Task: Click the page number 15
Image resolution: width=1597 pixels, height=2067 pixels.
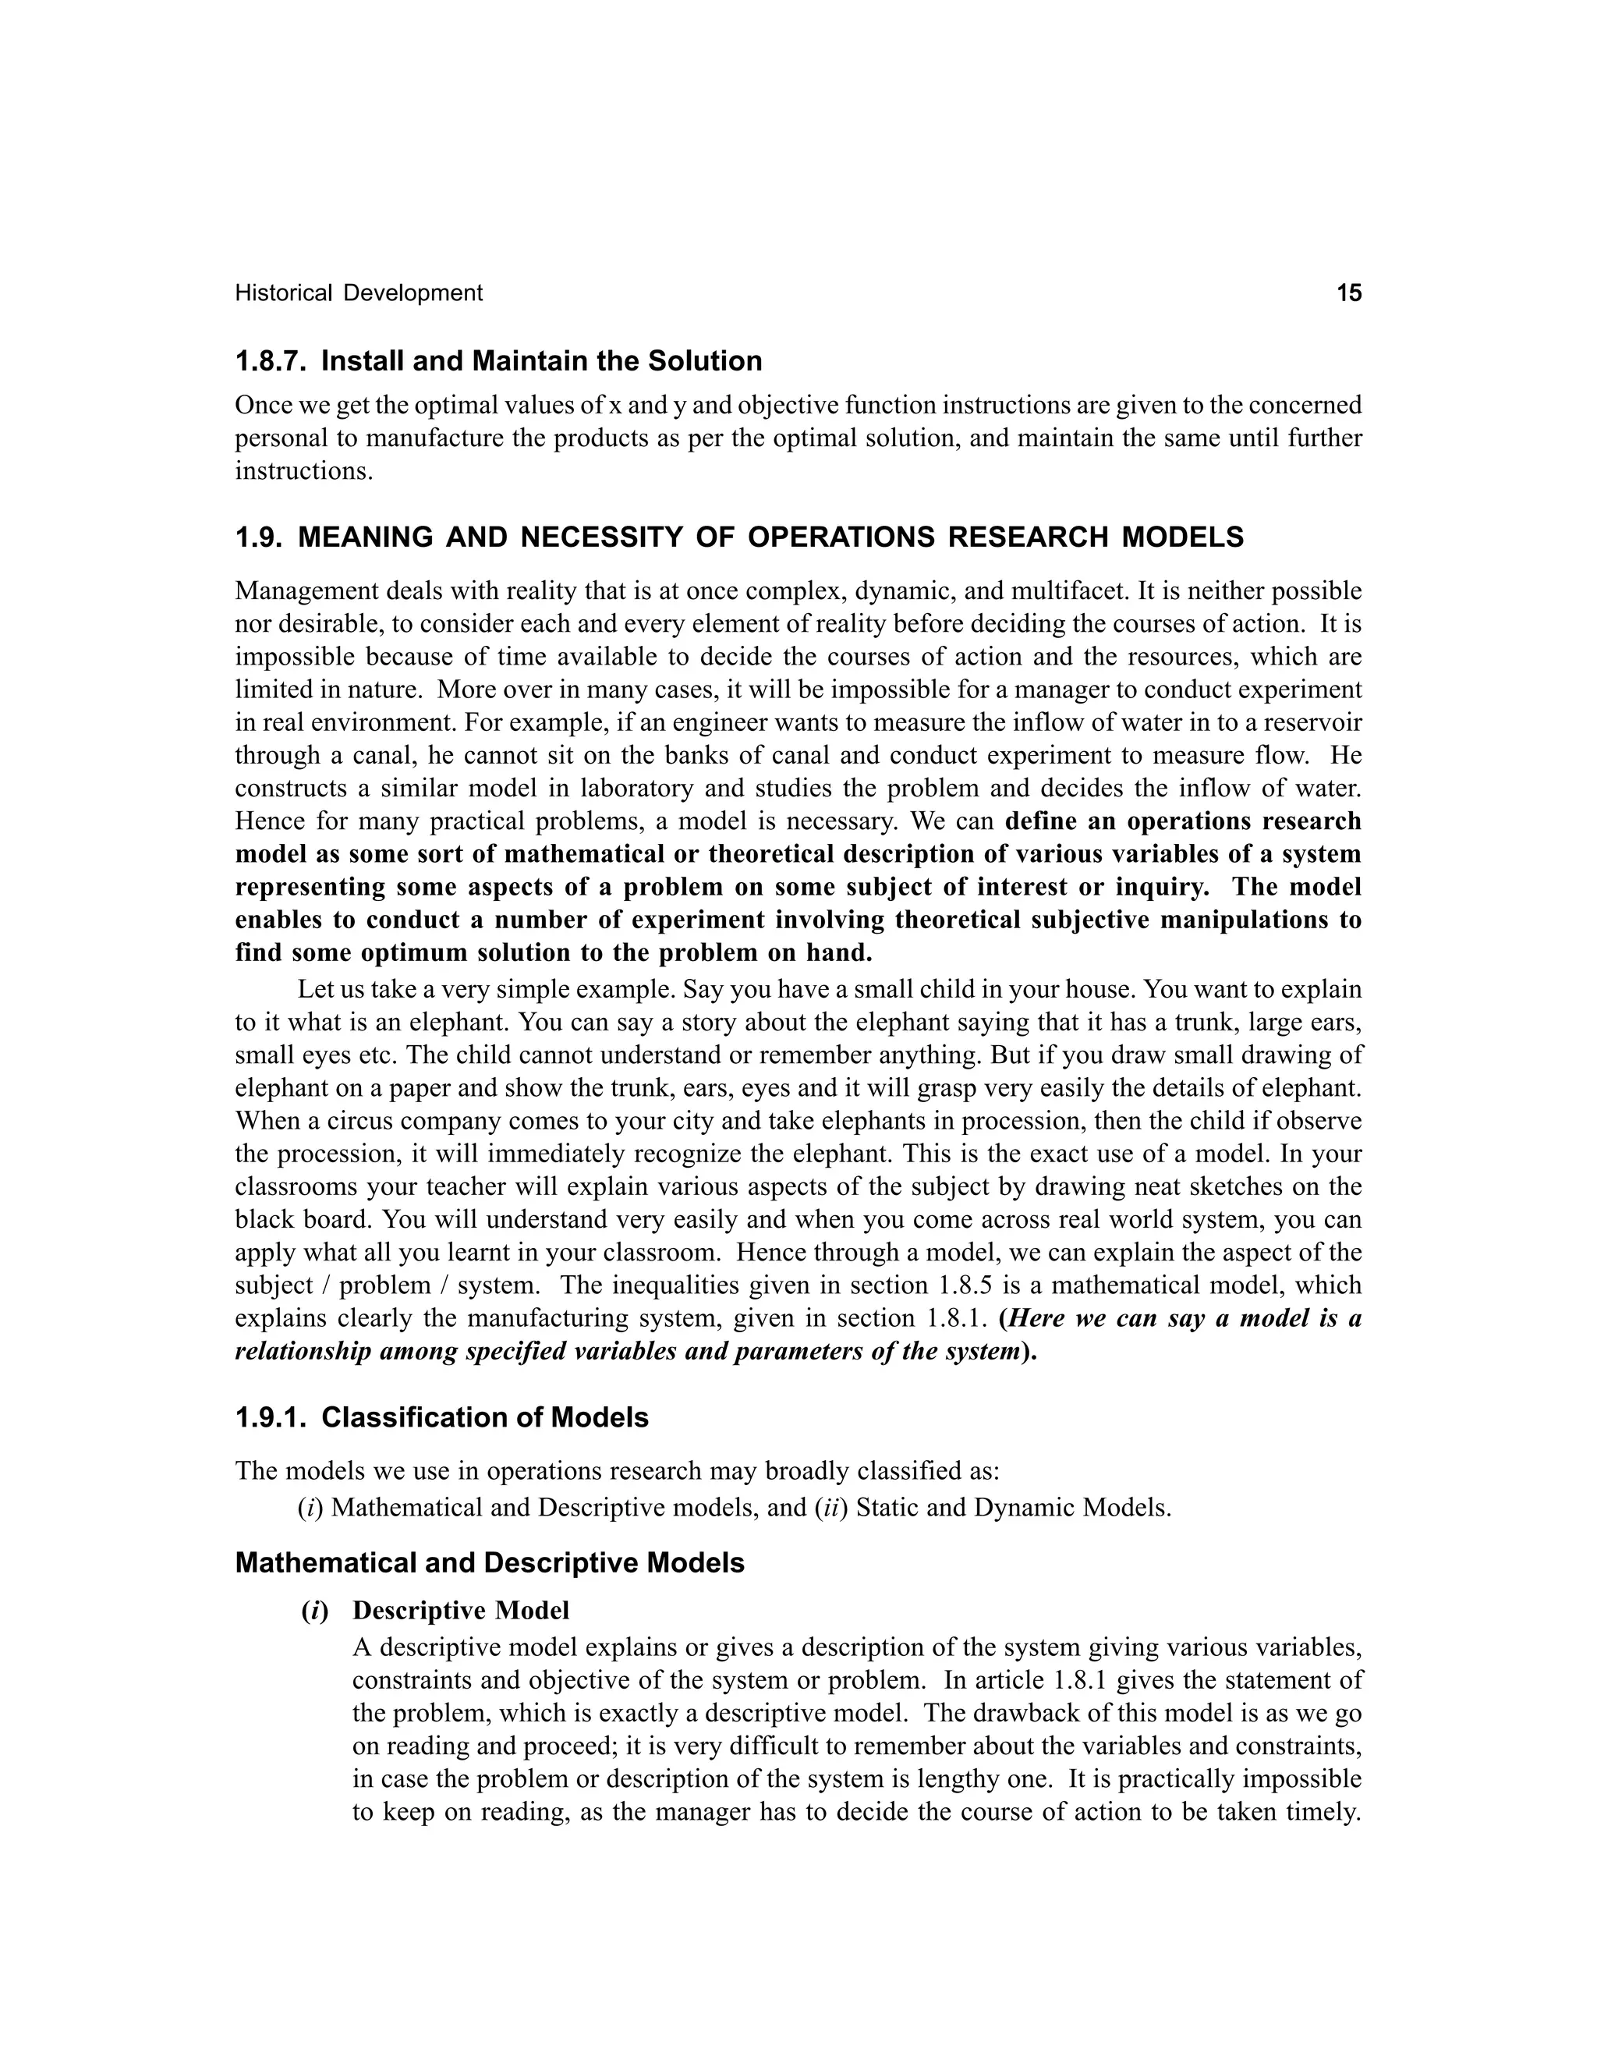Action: tap(1348, 293)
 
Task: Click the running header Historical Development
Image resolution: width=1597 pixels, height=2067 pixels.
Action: tap(359, 293)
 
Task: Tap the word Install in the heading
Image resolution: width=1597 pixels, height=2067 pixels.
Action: tap(356, 362)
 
